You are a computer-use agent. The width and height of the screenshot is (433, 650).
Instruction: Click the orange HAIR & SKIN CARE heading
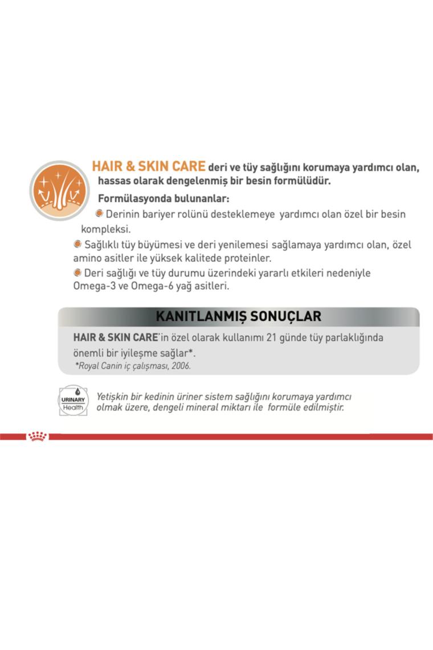[x=148, y=166]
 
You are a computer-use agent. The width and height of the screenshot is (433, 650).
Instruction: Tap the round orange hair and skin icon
[x=59, y=190]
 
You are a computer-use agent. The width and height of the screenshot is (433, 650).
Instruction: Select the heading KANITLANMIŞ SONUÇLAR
[x=238, y=316]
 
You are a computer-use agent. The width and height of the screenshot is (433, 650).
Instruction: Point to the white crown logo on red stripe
[x=38, y=437]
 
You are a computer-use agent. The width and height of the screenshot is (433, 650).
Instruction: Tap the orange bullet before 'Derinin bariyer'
[x=99, y=213]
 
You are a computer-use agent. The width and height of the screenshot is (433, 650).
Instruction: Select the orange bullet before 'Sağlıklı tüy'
[x=77, y=244]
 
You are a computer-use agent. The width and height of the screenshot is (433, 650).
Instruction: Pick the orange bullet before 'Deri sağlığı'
[x=77, y=272]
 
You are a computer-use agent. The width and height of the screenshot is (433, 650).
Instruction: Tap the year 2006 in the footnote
[x=180, y=366]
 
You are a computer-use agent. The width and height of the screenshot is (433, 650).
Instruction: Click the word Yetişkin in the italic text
[x=114, y=396]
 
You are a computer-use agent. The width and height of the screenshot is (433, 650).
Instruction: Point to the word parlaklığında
[x=353, y=338]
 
